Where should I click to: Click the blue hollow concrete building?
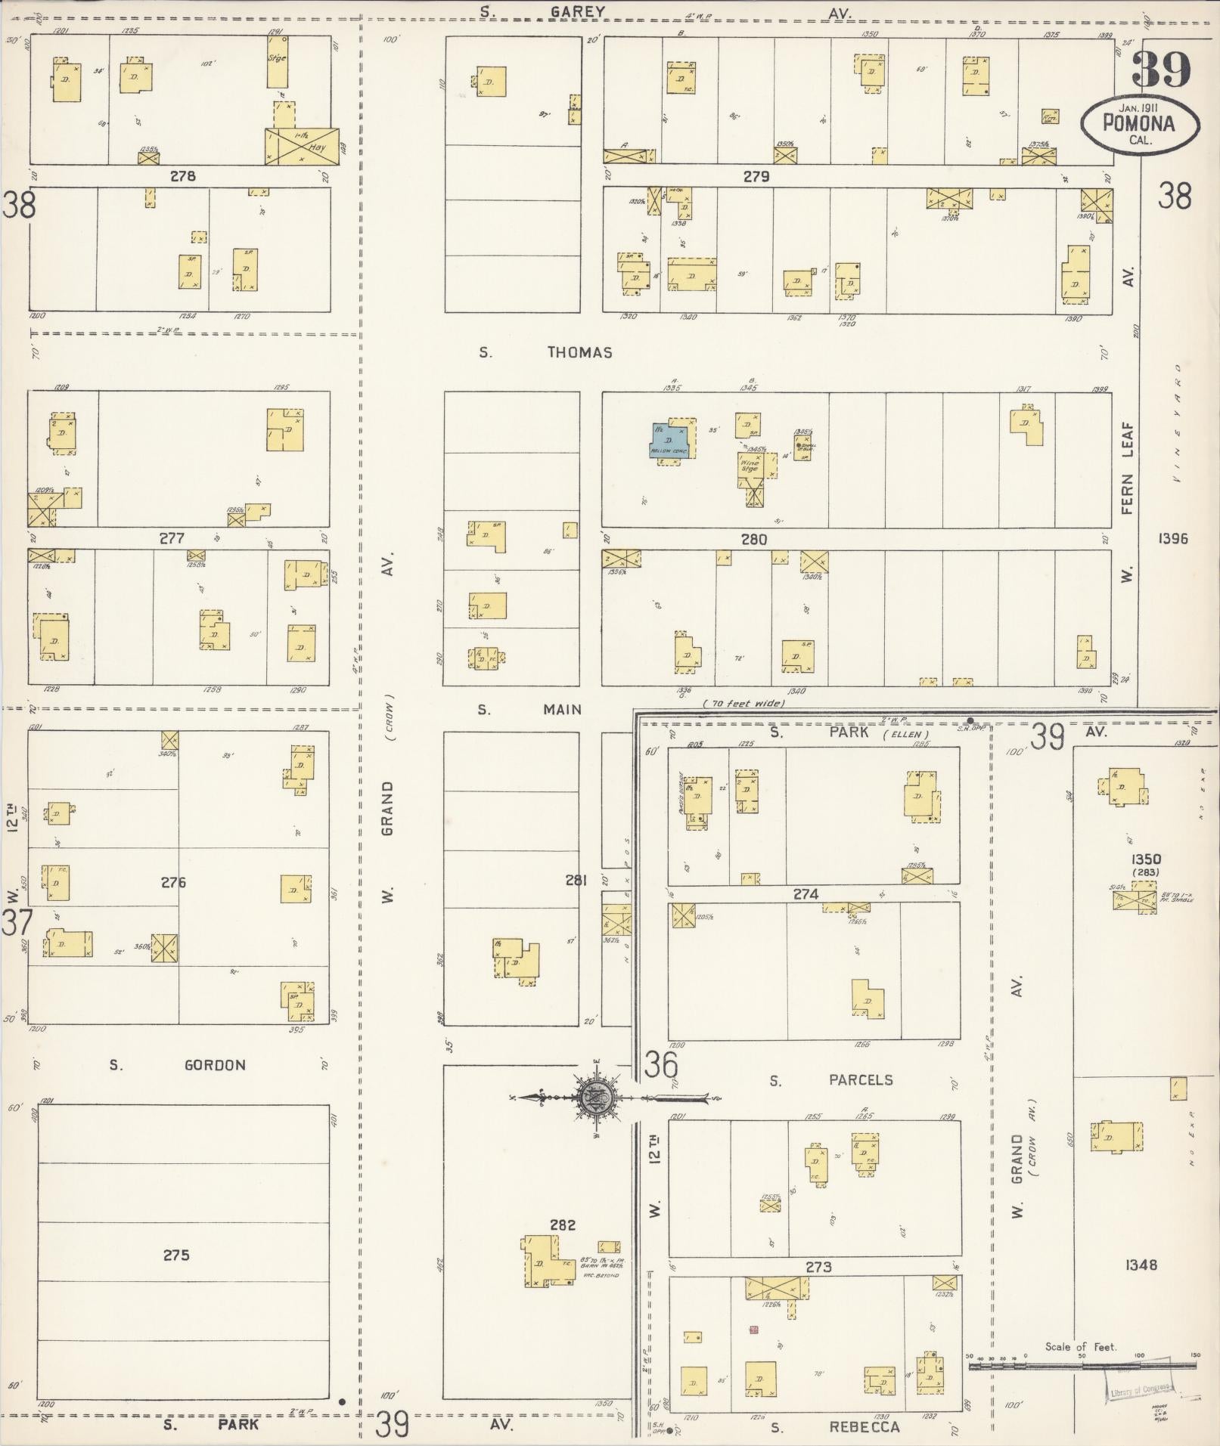670,440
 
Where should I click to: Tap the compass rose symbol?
591,1097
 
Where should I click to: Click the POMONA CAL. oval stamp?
1139,124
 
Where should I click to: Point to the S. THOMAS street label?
545,352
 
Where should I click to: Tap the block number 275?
176,1256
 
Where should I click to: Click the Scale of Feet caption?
1081,1346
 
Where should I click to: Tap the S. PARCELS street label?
831,1080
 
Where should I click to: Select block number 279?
756,177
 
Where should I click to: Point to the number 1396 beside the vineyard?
1172,539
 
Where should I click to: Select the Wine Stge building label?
750,464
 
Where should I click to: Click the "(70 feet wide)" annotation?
743,704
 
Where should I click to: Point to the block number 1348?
1141,1265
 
